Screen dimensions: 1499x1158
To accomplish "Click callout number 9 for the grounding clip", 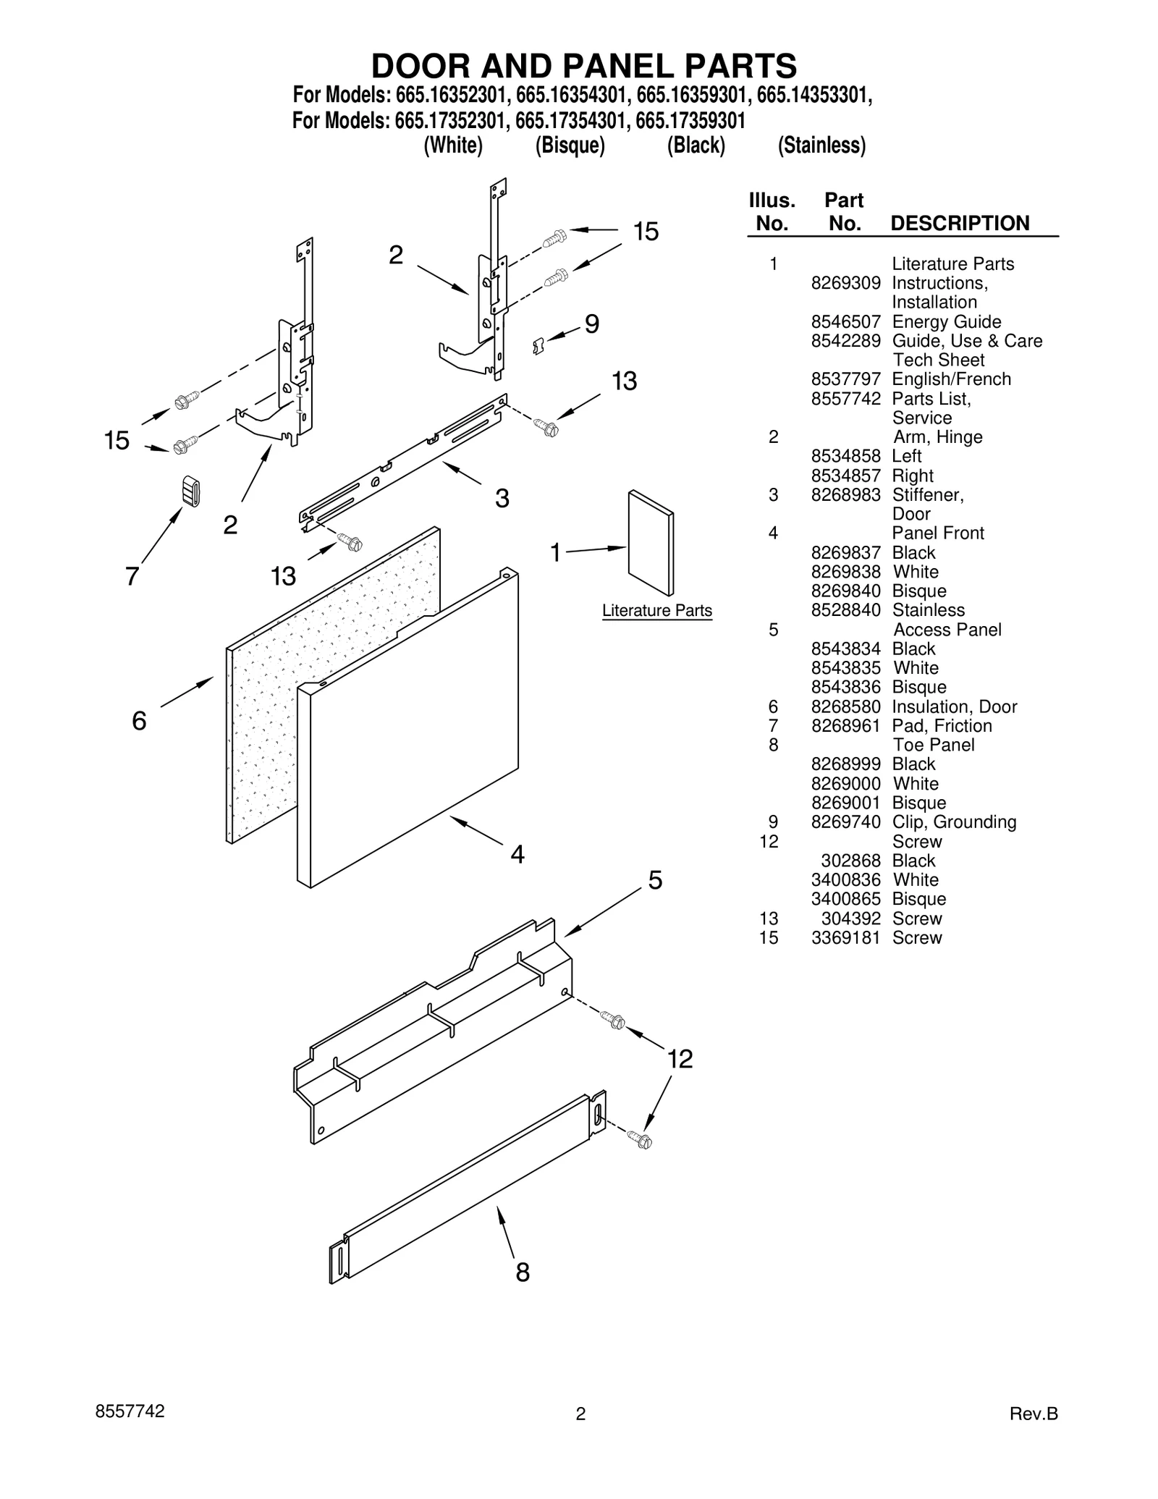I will pos(591,324).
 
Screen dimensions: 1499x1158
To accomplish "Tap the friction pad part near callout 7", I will pos(190,491).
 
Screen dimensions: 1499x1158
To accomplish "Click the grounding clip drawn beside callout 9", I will pos(538,345).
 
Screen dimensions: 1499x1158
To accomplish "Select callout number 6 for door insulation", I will pos(139,721).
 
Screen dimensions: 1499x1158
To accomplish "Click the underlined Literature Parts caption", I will pos(656,611).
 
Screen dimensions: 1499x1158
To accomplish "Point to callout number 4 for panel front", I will pos(517,855).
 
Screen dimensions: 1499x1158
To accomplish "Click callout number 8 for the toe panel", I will pos(523,1272).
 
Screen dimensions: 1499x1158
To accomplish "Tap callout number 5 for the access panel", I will pos(654,880).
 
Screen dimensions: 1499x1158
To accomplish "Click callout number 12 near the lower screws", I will pos(680,1059).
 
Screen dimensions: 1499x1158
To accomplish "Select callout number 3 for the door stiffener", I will pos(502,498).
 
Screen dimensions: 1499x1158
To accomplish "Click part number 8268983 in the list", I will pos(845,495).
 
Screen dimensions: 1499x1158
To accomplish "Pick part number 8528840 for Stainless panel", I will pos(845,610).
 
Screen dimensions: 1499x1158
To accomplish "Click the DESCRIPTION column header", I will pos(959,223).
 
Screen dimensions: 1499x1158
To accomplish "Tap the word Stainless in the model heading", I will pos(821,145).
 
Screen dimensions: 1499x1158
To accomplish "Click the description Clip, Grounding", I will pos(953,822).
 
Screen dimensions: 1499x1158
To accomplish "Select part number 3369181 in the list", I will pos(845,938).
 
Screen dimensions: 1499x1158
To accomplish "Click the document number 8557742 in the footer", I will pos(130,1411).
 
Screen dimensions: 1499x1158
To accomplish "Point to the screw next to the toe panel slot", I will pos(641,1140).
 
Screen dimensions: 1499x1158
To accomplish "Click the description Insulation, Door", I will pos(954,707).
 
